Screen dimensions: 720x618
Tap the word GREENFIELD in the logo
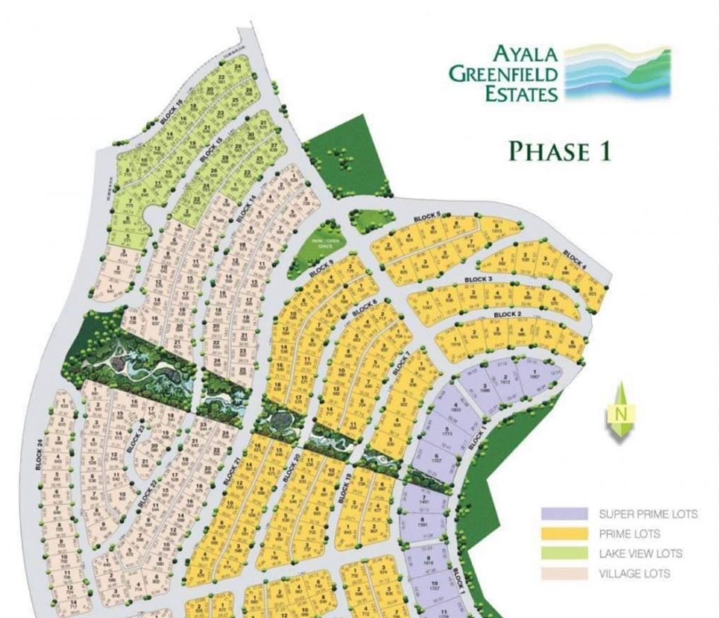(x=503, y=73)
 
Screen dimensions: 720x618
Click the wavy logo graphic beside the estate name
(x=617, y=73)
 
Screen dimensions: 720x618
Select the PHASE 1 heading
(x=559, y=151)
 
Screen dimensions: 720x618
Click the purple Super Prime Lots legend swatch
(x=564, y=514)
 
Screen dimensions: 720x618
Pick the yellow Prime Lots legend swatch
(x=564, y=533)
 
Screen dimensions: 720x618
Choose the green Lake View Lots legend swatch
(x=564, y=553)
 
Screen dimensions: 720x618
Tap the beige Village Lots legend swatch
(x=564, y=573)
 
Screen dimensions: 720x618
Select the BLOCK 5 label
(x=427, y=217)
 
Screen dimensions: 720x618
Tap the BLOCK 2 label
(x=507, y=314)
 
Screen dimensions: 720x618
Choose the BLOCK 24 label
(x=39, y=454)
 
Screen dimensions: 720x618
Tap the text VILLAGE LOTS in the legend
(x=634, y=573)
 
